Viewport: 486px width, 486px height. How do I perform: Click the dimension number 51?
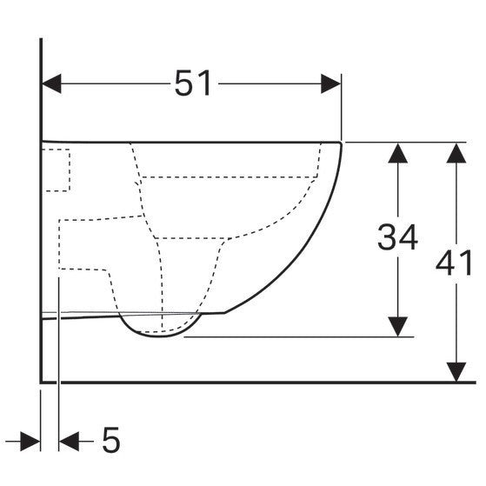(x=193, y=83)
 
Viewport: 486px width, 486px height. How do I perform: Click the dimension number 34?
(x=397, y=237)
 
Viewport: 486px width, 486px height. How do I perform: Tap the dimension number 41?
(x=454, y=263)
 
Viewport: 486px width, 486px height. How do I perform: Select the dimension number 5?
(x=110, y=440)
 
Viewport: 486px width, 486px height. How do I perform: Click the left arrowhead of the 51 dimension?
(x=51, y=83)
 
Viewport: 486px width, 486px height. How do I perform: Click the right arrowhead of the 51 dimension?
(x=330, y=83)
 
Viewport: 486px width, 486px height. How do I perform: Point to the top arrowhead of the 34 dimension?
(x=397, y=153)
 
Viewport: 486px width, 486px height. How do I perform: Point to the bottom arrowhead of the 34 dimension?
(x=397, y=327)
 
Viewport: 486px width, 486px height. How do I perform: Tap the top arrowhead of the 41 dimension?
(x=456, y=153)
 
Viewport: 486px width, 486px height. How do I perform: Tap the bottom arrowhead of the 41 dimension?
(x=456, y=372)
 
